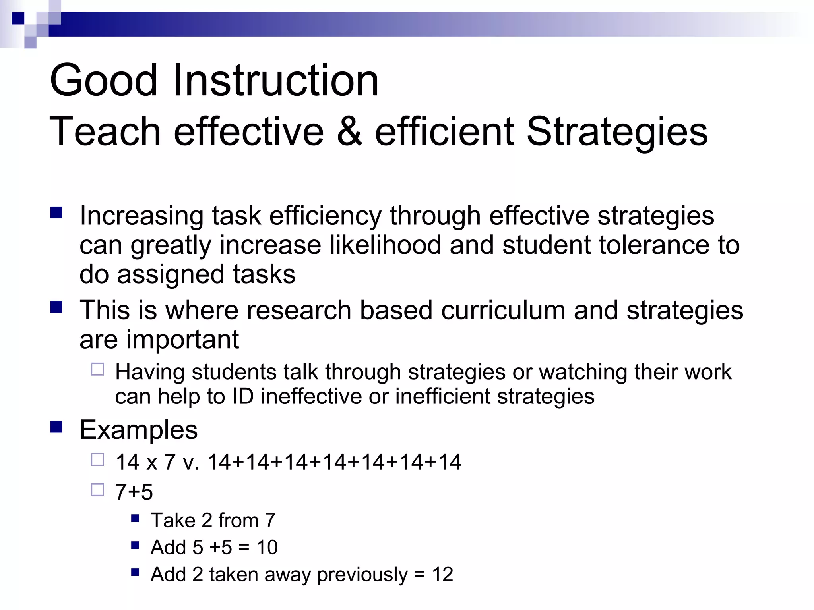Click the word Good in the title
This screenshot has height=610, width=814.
pyautogui.click(x=104, y=81)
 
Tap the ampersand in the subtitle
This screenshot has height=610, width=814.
pyautogui.click(x=349, y=132)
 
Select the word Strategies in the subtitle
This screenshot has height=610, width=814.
pyautogui.click(x=617, y=132)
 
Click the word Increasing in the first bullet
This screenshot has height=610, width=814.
pyautogui.click(x=141, y=216)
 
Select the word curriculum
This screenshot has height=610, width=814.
pyautogui.click(x=503, y=310)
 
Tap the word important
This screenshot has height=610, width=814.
pyautogui.click(x=182, y=340)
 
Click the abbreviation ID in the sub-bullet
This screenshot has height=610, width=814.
pyautogui.click(x=242, y=397)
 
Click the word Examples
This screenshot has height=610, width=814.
pyautogui.click(x=138, y=430)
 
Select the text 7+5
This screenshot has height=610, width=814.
pyautogui.click(x=134, y=492)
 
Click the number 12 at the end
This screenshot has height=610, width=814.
pyautogui.click(x=442, y=575)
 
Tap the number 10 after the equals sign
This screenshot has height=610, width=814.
pyautogui.click(x=267, y=547)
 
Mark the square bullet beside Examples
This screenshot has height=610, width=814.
pyautogui.click(x=56, y=427)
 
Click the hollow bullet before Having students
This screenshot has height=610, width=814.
pyautogui.click(x=97, y=369)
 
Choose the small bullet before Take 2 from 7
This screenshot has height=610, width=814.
pyautogui.click(x=135, y=518)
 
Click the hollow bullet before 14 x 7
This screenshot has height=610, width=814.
pyautogui.click(x=97, y=460)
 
